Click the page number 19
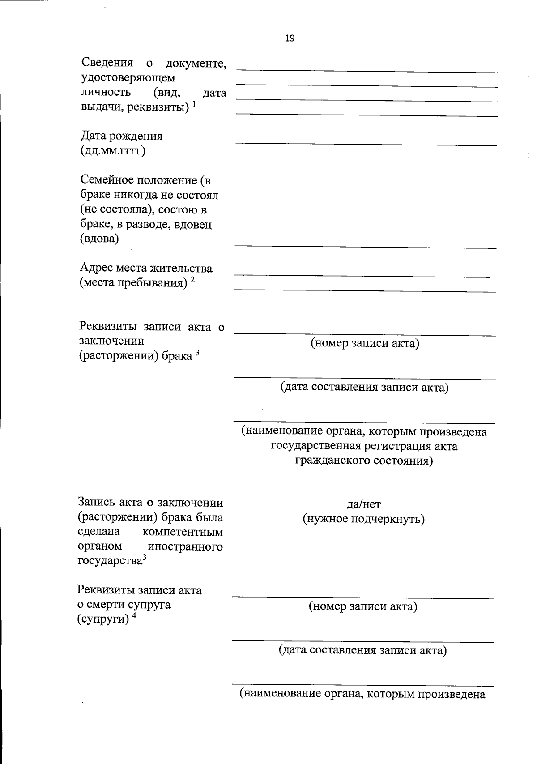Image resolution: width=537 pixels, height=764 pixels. (290, 38)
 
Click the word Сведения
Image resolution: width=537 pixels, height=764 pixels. (107, 63)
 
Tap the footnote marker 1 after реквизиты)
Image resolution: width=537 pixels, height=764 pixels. (194, 104)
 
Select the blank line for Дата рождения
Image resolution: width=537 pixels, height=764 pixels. (366, 143)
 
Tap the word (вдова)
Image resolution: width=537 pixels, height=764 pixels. (99, 239)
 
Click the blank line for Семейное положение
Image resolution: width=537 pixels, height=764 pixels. (366, 246)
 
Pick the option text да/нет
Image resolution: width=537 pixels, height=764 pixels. (363, 504)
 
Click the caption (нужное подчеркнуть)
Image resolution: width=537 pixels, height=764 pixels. (363, 519)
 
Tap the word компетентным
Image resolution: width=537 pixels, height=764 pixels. (182, 532)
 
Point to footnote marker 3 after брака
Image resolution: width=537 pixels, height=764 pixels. (197, 354)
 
